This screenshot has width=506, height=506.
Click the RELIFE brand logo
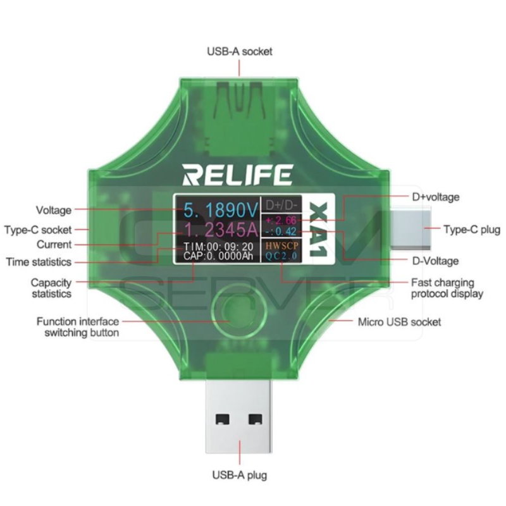[238, 175]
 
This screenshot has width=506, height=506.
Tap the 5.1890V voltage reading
[221, 210]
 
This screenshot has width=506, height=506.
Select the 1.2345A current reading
[221, 230]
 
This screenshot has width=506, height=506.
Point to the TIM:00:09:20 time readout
[218, 247]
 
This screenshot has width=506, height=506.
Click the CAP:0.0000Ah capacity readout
[218, 256]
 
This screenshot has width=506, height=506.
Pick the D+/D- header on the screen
[281, 205]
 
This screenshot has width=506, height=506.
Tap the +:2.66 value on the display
[281, 220]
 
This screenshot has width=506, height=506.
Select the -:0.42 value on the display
[281, 231]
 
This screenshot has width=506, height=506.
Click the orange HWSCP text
[281, 245]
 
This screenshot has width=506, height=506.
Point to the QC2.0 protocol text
[281, 256]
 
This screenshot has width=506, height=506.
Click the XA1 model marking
[319, 230]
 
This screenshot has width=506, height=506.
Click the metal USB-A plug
[238, 416]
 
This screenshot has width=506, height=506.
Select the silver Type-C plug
[410, 228]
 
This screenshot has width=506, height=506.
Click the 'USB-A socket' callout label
[240, 51]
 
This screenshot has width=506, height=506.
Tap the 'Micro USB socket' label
[399, 322]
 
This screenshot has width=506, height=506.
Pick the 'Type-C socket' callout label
[38, 230]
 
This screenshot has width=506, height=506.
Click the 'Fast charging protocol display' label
[447, 288]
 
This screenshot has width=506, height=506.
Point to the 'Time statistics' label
[39, 262]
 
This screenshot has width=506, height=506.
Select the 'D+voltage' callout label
[436, 197]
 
